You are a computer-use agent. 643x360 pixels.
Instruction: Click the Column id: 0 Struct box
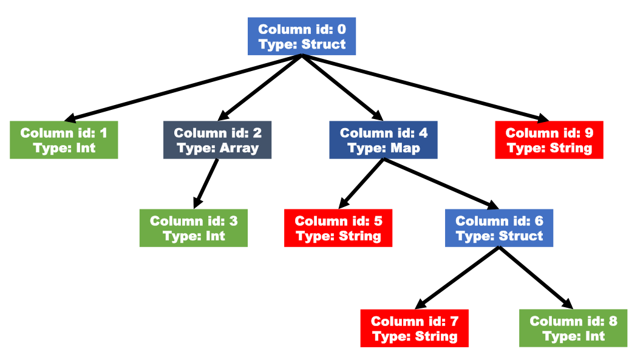(x=301, y=36)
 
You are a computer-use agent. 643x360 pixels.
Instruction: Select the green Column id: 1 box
(x=64, y=140)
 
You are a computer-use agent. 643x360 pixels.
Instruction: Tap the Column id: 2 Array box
(x=217, y=140)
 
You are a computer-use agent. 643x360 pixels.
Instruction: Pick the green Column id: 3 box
(x=194, y=228)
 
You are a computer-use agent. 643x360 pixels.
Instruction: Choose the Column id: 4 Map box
(x=383, y=140)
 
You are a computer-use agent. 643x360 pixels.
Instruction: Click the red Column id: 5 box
(x=338, y=228)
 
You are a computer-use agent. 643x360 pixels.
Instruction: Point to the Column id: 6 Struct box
(x=499, y=228)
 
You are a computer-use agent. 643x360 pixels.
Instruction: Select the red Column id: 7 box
(x=415, y=328)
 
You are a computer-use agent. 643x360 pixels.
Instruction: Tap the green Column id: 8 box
(x=573, y=328)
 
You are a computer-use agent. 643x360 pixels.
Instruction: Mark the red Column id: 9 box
(x=549, y=140)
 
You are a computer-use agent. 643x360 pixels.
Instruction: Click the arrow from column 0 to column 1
(x=183, y=88)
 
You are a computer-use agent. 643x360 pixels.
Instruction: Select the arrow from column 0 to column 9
(x=425, y=88)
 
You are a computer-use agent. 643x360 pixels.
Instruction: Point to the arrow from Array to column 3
(x=206, y=183)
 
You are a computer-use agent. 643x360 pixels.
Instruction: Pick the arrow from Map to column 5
(x=361, y=183)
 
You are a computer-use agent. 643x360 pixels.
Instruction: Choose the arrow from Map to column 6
(x=441, y=183)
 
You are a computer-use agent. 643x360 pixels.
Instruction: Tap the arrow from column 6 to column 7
(x=457, y=277)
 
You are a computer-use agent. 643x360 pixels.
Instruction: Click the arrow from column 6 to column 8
(x=536, y=277)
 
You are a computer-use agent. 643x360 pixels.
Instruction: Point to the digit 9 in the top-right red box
(x=589, y=133)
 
